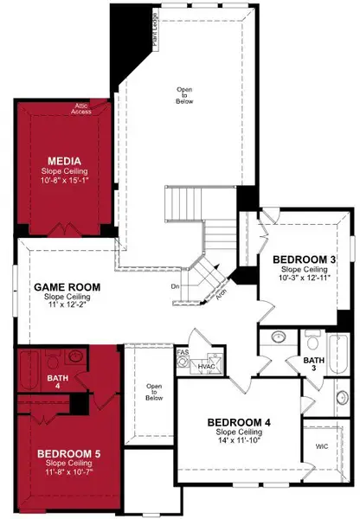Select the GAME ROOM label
(x=67, y=287)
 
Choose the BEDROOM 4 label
(x=239, y=422)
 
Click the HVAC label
(x=206, y=367)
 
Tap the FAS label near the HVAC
(x=183, y=353)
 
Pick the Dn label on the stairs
(x=175, y=285)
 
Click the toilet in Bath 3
(x=279, y=338)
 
